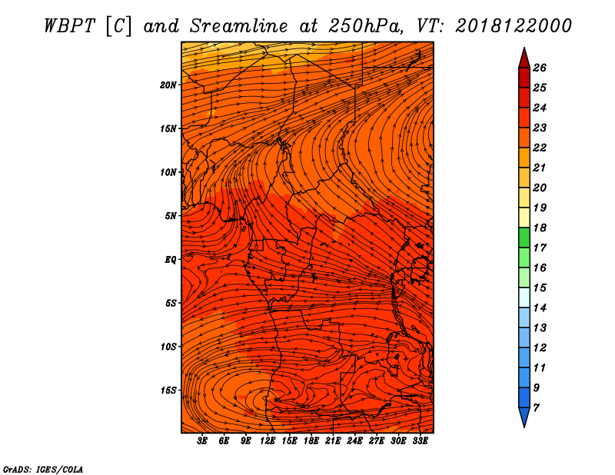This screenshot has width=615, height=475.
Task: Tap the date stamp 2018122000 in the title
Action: [x=513, y=25]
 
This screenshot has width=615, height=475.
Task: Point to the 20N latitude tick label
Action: [x=168, y=85]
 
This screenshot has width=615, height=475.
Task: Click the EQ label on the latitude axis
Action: [x=170, y=259]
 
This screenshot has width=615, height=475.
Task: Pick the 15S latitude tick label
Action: [x=168, y=390]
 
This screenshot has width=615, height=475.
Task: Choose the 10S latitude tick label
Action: [x=168, y=347]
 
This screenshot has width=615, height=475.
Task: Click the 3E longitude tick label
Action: [x=203, y=441]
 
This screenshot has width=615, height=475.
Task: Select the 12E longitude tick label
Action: [x=268, y=441]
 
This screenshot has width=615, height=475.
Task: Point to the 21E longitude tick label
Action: [x=333, y=441]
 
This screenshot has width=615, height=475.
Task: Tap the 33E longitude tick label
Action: [x=420, y=441]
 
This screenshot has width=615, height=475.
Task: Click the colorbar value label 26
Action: [x=540, y=68]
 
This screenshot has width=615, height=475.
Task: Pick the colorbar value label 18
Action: [x=540, y=228]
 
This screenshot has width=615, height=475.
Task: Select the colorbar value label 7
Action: [x=536, y=407]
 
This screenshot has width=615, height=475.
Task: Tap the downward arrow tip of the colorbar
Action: [x=524, y=425]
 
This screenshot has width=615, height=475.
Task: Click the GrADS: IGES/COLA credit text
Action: [x=43, y=468]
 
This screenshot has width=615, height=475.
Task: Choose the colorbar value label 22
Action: [x=540, y=148]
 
